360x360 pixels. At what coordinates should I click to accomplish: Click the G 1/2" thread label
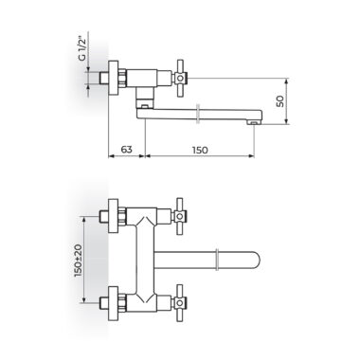coord(82,49)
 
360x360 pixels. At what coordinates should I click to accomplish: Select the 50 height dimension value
coord(280,101)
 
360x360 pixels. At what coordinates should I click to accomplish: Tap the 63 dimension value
coord(126,149)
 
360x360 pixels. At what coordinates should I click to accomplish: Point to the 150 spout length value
coord(200,150)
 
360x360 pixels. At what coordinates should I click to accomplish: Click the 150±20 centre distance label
coord(78,261)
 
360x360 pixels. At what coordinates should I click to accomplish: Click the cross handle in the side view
coord(180,78)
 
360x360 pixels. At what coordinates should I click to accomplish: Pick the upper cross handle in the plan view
coord(180,217)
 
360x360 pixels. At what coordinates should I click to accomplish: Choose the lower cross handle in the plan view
coord(180,302)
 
